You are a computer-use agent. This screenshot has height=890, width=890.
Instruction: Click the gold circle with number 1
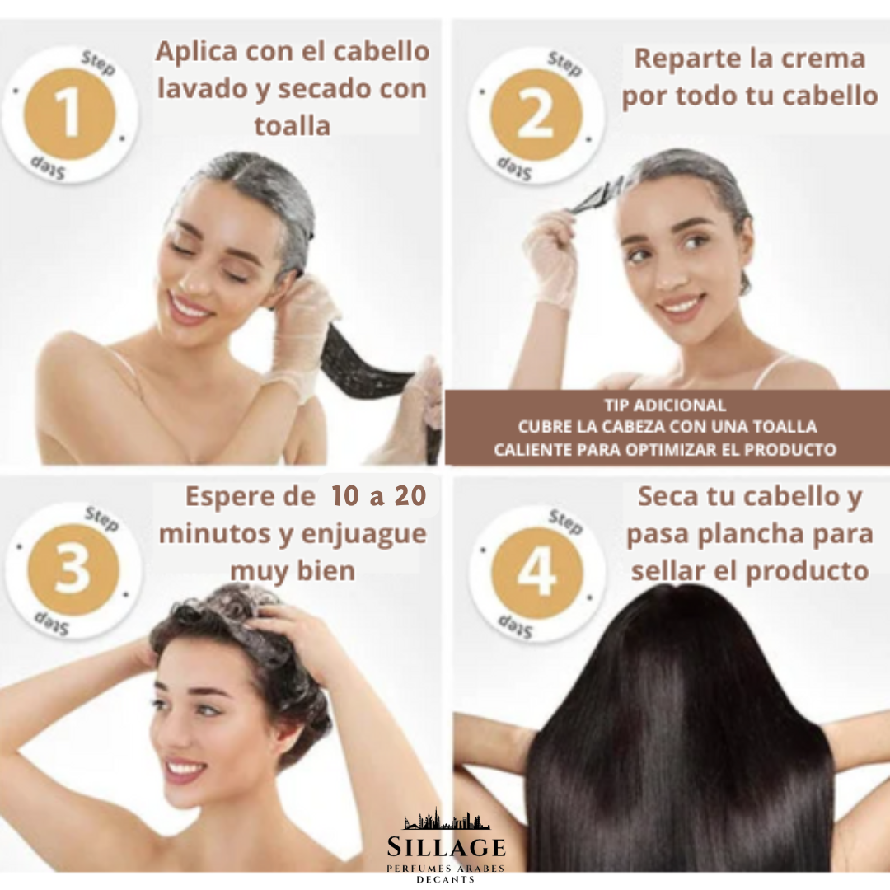point(70,114)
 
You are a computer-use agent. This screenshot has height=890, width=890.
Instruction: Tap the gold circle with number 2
point(536,115)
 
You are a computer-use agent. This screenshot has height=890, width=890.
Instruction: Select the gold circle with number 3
point(73,570)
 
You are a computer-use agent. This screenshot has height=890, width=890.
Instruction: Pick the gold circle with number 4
point(537,573)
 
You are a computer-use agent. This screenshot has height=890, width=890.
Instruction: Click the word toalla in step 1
point(293,125)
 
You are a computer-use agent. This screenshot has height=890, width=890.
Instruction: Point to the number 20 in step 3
point(410,495)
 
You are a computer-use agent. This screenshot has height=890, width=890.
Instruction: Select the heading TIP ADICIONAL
point(665,405)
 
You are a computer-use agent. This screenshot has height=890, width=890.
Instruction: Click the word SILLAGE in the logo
point(446,847)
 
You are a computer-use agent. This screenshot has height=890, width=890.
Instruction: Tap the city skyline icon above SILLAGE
point(447,818)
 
